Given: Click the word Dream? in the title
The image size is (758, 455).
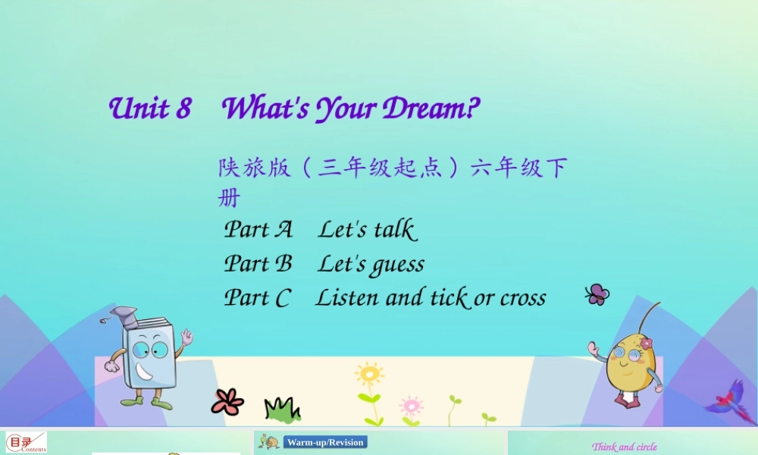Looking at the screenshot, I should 431,109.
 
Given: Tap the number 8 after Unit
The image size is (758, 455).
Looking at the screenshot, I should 183,109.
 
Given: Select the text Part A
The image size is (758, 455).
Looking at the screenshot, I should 258,229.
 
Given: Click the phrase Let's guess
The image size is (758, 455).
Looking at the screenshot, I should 371,264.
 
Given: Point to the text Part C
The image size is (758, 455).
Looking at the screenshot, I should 257,298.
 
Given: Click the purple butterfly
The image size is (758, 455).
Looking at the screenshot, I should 597,294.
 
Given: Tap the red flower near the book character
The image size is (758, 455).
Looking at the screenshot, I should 227,401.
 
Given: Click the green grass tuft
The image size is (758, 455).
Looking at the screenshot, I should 281,409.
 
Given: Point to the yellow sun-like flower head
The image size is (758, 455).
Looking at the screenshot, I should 369,374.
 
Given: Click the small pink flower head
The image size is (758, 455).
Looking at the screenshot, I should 411,403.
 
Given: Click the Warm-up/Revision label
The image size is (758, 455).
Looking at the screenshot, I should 325,442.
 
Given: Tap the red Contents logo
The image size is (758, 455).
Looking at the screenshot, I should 26,443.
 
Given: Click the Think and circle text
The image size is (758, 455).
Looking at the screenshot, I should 624,447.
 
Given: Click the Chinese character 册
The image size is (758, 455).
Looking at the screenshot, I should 228,199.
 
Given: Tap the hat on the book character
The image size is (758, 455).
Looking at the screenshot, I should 122,315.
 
